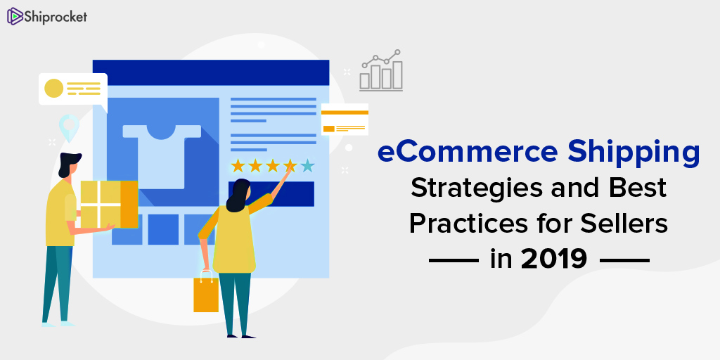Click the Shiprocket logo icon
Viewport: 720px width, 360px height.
[x=15, y=16]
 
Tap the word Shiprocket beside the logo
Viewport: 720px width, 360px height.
[x=56, y=17]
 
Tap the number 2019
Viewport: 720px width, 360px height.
[x=554, y=259]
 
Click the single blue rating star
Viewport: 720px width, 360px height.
[x=308, y=165]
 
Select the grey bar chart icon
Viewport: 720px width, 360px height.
[x=381, y=70]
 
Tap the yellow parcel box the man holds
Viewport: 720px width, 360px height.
[x=109, y=205]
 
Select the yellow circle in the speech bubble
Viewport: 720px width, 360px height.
[x=53, y=88]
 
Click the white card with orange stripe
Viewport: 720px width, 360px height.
[x=345, y=120]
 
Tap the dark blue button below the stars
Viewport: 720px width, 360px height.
[x=271, y=194]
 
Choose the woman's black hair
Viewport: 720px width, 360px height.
[x=237, y=196]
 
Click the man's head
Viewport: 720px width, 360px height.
[x=69, y=165]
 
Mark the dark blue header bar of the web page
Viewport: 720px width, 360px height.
[x=211, y=72]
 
